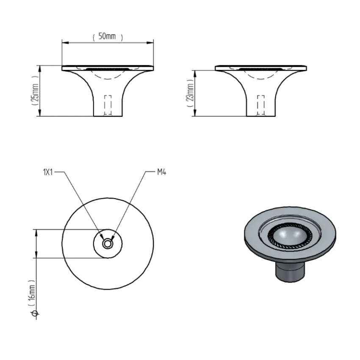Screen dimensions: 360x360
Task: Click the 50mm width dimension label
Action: (107, 37)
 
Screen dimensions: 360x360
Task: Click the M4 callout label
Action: (161, 172)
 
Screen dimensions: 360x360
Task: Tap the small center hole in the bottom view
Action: (108, 244)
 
